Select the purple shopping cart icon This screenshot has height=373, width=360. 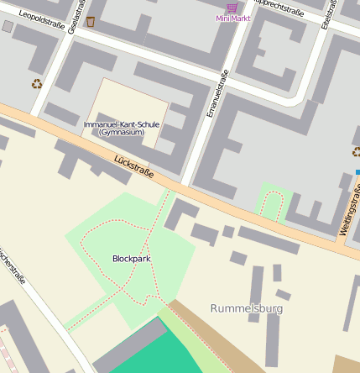[x=232, y=7]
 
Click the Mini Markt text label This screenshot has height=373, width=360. [x=232, y=18]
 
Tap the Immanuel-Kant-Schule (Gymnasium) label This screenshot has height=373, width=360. [x=122, y=129]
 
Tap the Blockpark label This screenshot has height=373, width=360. [x=131, y=259]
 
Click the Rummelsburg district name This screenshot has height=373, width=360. [x=247, y=308]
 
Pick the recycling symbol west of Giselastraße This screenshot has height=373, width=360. [x=37, y=83]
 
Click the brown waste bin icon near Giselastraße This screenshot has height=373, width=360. [x=91, y=21]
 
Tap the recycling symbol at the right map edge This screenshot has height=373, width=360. [x=356, y=151]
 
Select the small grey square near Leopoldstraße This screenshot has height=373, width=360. [x=8, y=27]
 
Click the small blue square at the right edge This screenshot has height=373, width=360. [x=357, y=172]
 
